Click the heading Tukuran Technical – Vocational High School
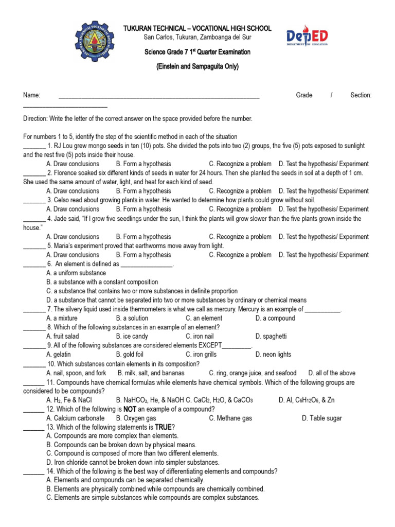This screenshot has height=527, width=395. click(197, 28)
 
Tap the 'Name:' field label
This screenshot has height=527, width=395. click(31, 95)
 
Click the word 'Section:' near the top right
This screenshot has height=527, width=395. click(361, 95)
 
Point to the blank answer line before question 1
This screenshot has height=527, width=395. click(34, 146)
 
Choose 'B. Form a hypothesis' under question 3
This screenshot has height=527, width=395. click(143, 209)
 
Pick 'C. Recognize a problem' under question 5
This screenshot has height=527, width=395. click(240, 255)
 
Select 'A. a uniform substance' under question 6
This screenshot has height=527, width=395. click(76, 273)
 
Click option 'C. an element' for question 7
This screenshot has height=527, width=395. click(204, 319)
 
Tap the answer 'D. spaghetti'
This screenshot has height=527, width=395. click(271, 337)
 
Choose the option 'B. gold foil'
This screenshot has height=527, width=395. click(133, 355)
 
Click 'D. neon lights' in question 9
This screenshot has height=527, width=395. click(273, 355)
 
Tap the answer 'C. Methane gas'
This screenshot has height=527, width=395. click(230, 418)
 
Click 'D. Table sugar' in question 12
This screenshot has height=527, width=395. click(322, 418)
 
